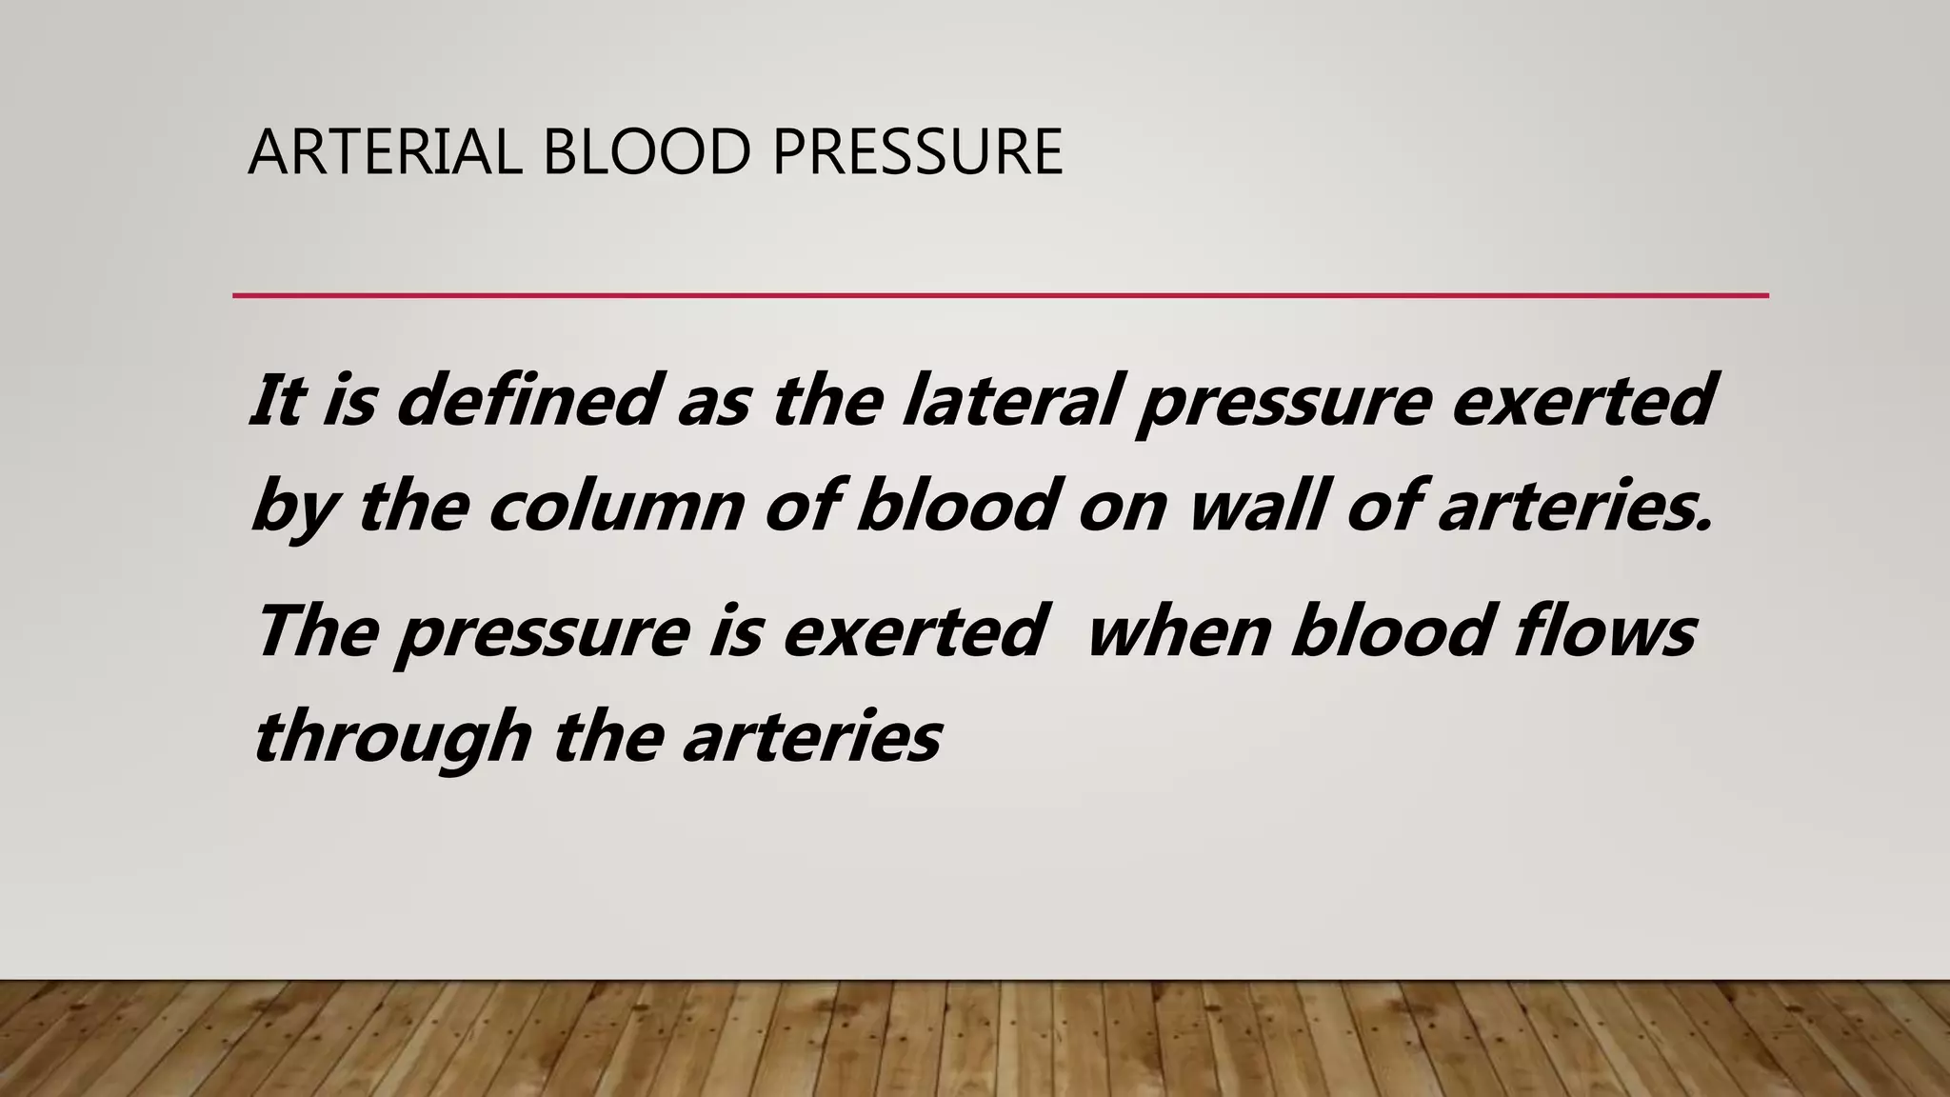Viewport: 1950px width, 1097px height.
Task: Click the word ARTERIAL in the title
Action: [385, 152]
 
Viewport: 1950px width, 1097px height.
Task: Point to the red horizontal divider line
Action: [1000, 296]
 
